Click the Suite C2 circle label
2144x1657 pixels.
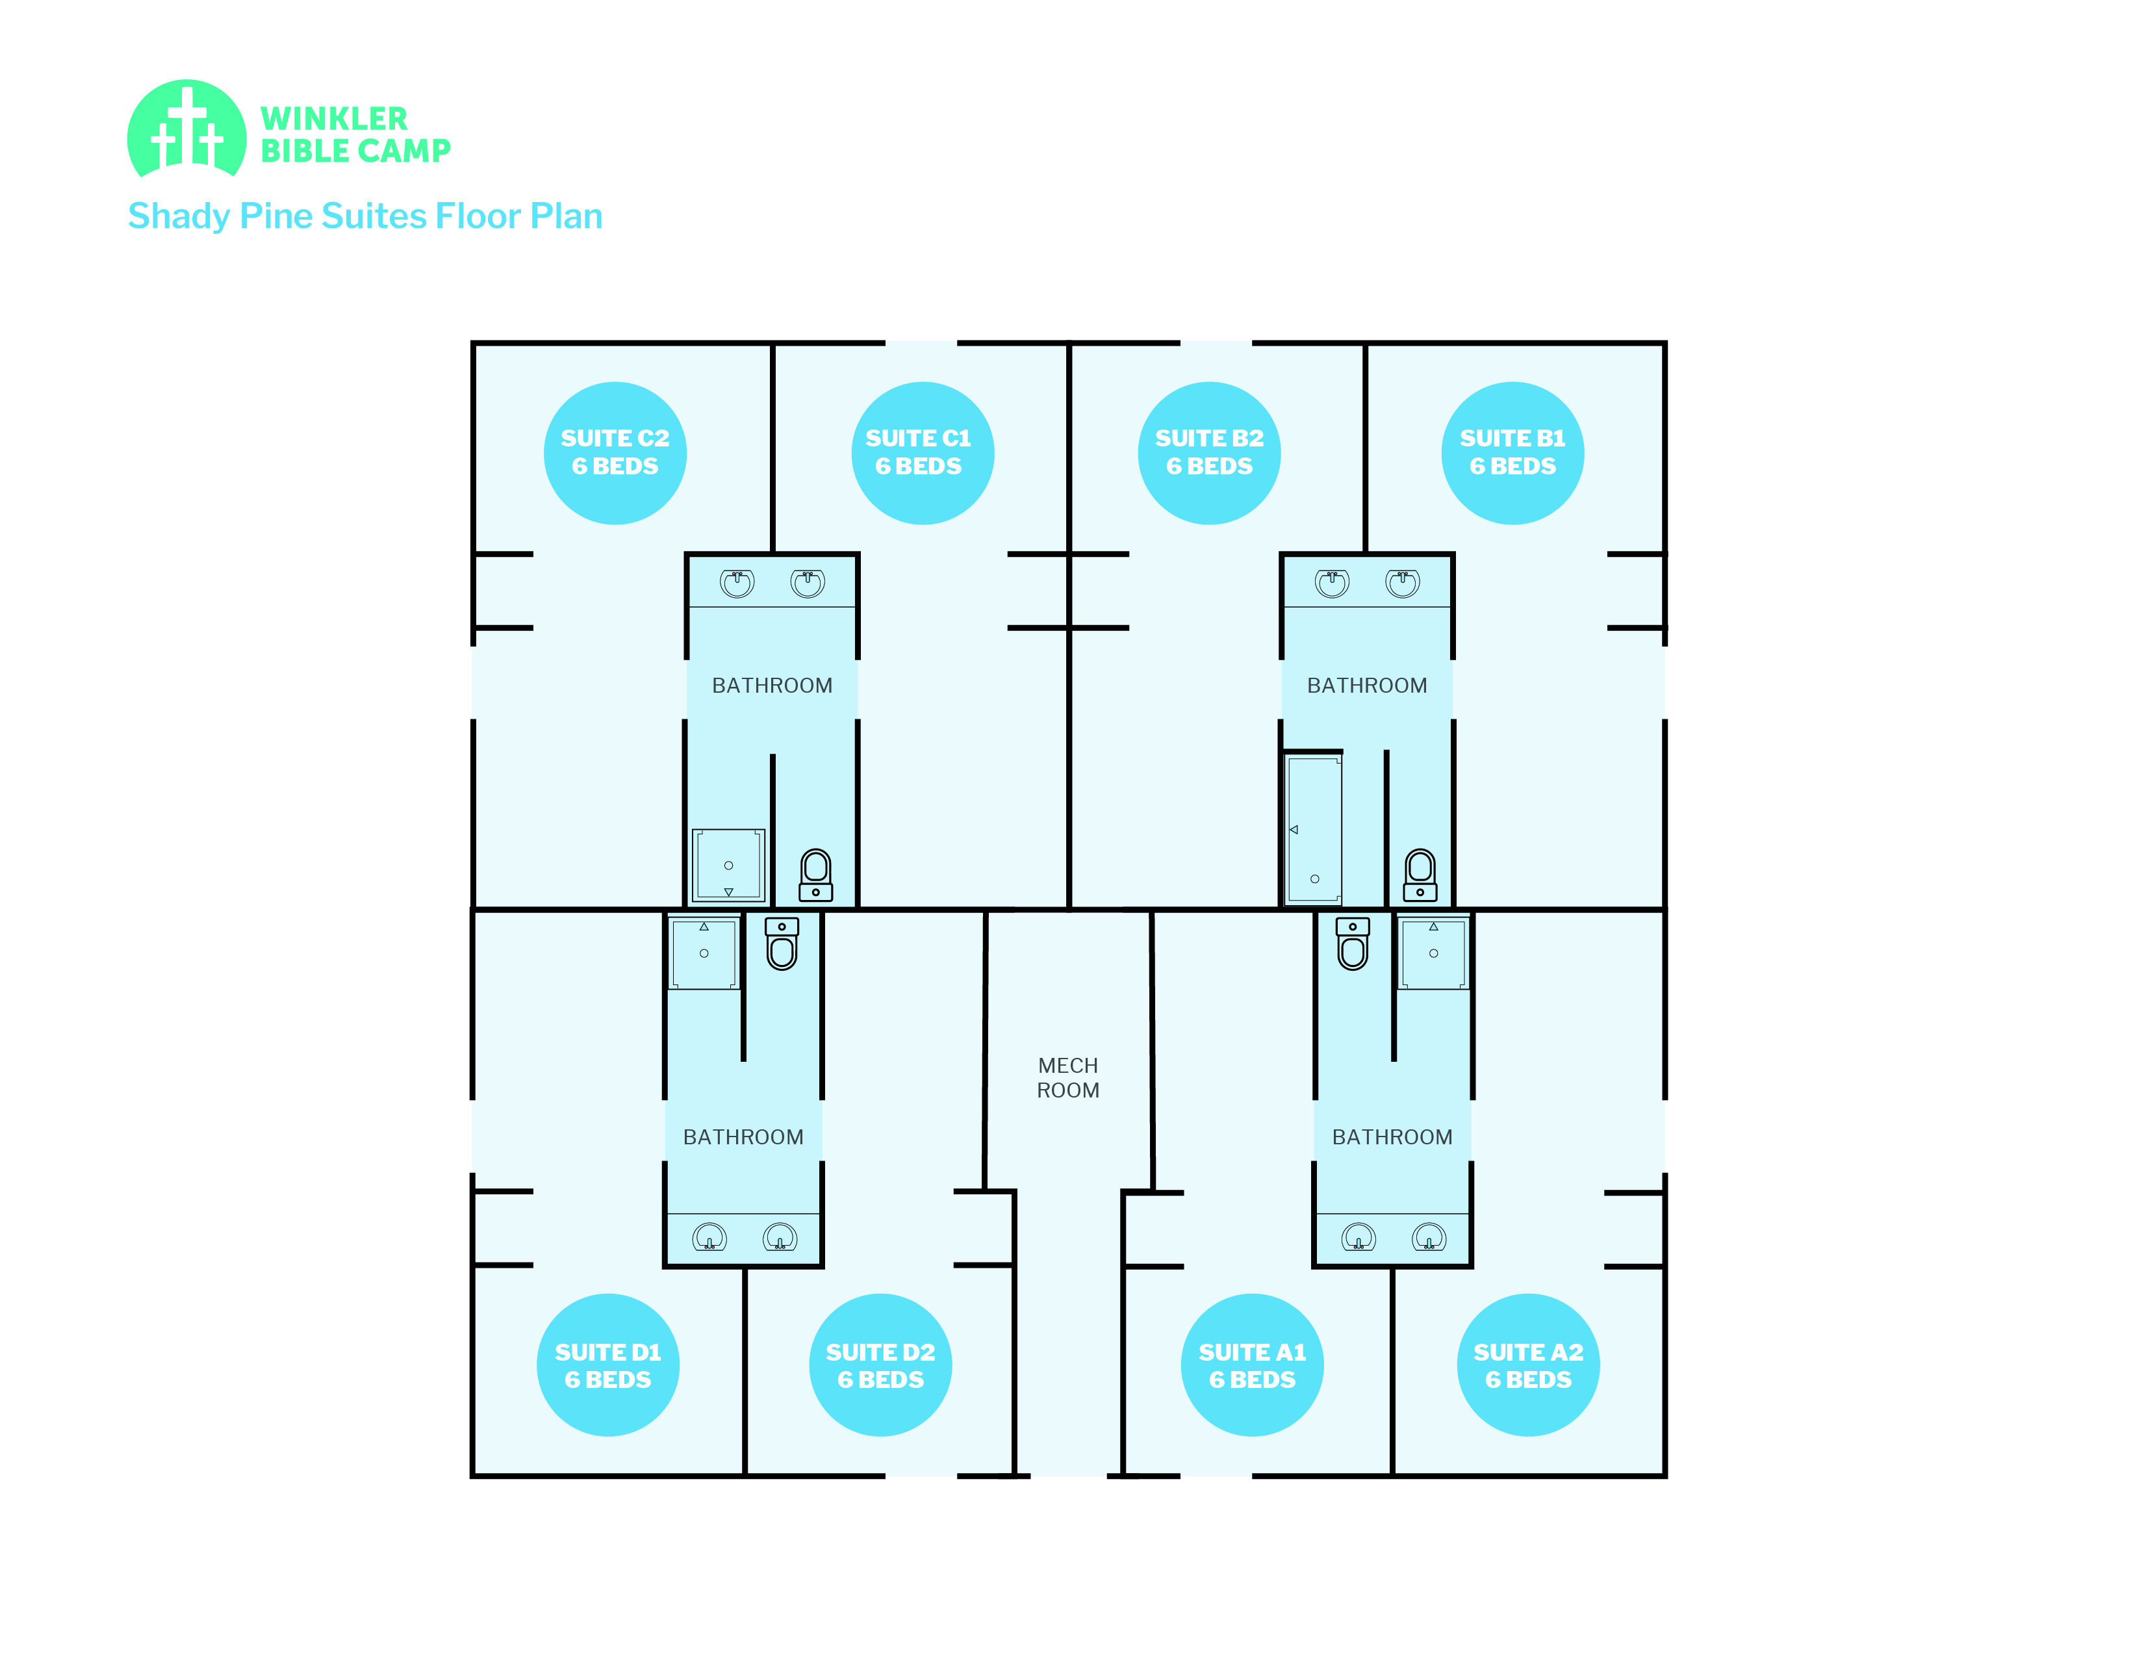click(615, 452)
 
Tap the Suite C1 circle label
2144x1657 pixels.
click(922, 452)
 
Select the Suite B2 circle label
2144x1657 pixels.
click(1208, 452)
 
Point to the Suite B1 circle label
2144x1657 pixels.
click(1512, 452)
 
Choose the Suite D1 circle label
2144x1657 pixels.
click(607, 1365)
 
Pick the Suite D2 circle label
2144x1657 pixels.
click(880, 1365)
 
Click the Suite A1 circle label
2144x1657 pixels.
click(1252, 1365)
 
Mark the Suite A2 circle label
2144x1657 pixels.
click(1527, 1365)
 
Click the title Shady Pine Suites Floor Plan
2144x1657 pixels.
click(365, 216)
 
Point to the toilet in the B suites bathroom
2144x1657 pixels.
click(1420, 875)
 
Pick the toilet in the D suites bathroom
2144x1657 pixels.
click(782, 944)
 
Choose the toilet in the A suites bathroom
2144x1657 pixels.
click(1353, 944)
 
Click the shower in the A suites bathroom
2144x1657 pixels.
click(1433, 952)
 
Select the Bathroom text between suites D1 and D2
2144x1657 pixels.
click(743, 1137)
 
